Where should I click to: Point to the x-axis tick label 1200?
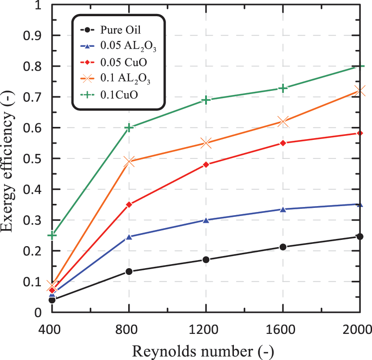point(206,328)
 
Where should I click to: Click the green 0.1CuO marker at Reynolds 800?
point(129,128)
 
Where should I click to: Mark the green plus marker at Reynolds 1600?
point(283,88)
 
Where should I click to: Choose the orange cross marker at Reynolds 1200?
point(206,143)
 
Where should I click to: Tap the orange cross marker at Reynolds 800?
point(129,162)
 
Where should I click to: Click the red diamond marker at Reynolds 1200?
point(206,165)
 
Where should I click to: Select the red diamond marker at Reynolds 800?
point(129,205)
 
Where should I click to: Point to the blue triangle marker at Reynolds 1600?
point(283,209)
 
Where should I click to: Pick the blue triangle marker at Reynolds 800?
point(129,237)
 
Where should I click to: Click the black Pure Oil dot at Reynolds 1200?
point(206,260)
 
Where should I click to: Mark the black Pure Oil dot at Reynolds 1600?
point(283,247)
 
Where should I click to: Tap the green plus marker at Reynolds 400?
point(52,235)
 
